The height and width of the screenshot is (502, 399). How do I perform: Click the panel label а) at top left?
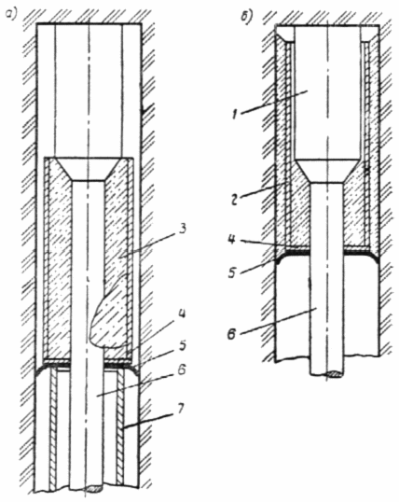(10, 15)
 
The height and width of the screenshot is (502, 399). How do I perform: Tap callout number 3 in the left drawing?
(182, 230)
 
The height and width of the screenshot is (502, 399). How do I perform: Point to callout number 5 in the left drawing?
(182, 346)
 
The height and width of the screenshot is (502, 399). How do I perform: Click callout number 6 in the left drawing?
(182, 370)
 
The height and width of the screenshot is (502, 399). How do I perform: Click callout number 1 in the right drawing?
(235, 115)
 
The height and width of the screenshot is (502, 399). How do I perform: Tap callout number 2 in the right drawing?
(235, 201)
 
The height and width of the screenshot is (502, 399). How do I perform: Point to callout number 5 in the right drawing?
(234, 272)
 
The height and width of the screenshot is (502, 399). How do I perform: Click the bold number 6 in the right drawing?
(233, 335)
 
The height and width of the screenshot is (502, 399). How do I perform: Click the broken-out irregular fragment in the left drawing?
(109, 320)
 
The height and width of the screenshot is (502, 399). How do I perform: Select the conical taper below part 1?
(327, 172)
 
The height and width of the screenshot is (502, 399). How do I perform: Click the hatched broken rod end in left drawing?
(93, 489)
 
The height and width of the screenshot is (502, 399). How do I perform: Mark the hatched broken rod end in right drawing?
(333, 374)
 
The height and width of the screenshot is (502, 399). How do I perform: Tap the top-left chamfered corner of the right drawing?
(282, 35)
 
